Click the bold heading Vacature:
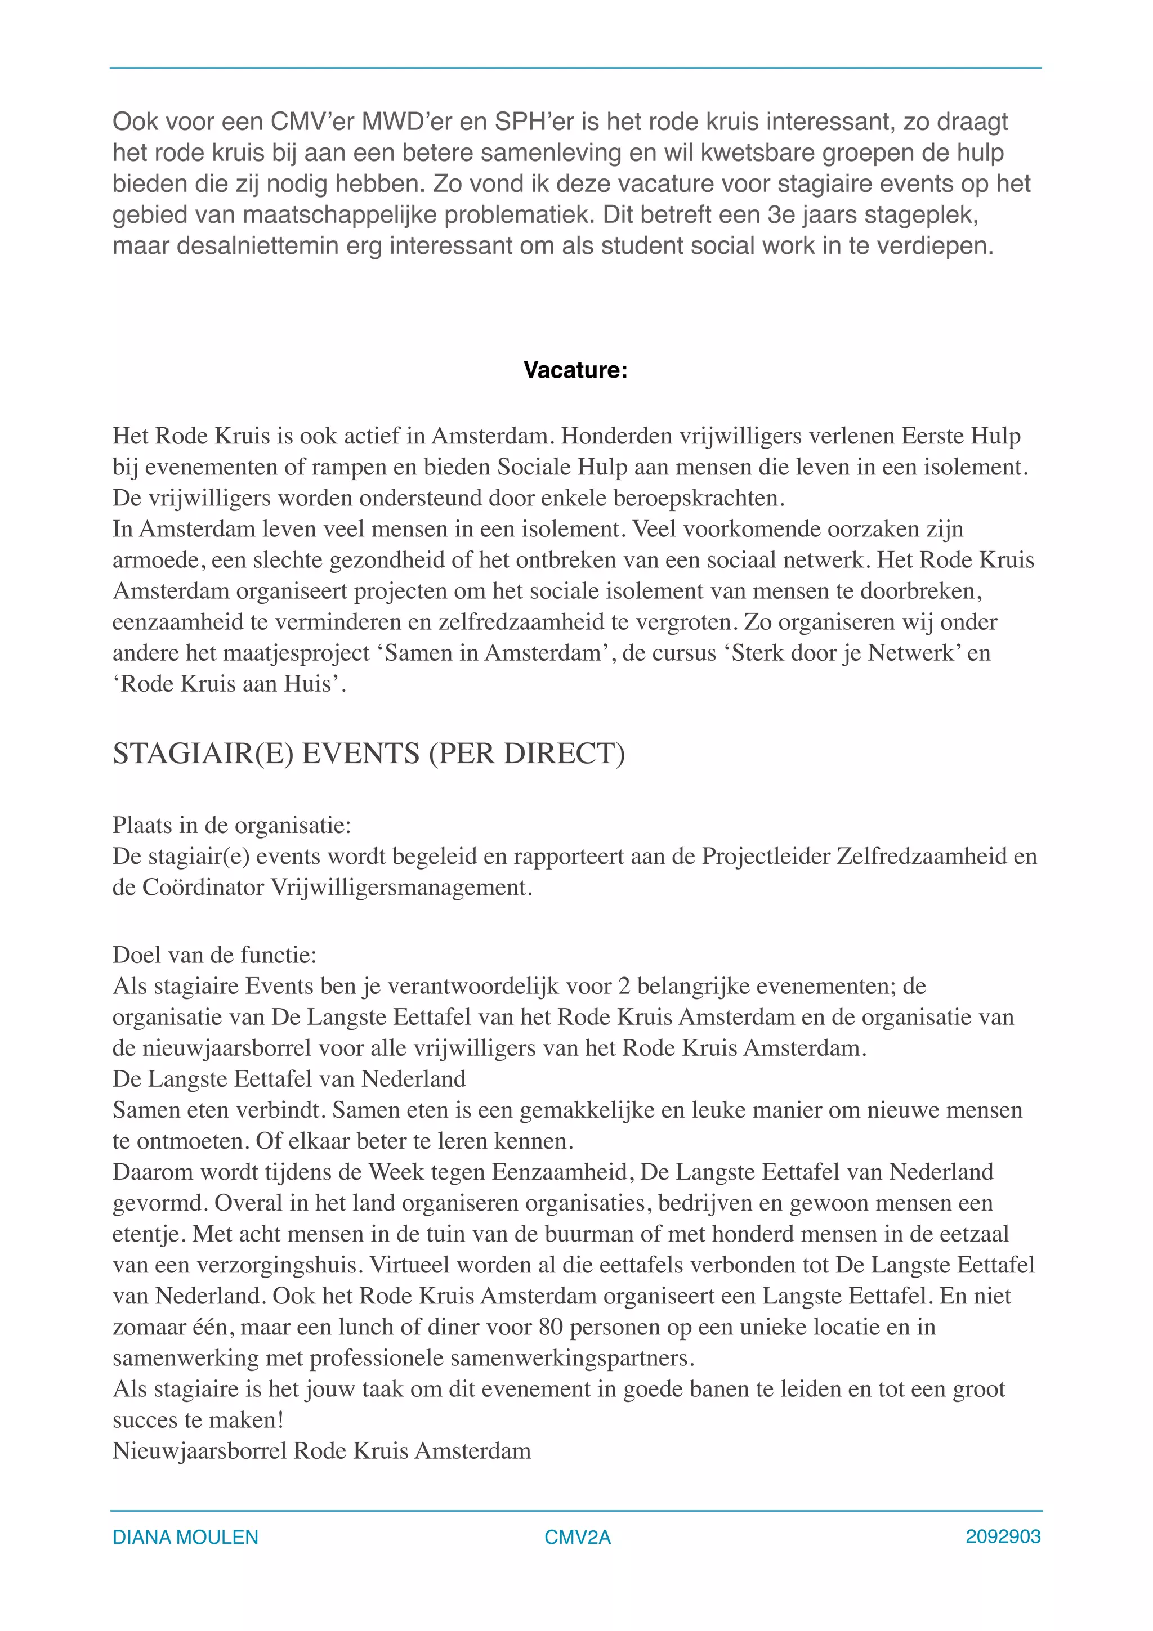click(x=575, y=370)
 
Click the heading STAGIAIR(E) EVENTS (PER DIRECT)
click(x=369, y=754)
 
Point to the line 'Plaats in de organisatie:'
click(x=231, y=826)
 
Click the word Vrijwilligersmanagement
click(x=401, y=888)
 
